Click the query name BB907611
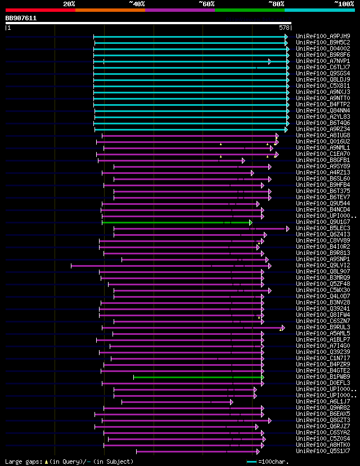pyautogui.click(x=21, y=18)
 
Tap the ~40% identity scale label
pyautogui.click(x=137, y=4)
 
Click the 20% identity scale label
pyautogui.click(x=69, y=4)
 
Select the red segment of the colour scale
pyautogui.click(x=40, y=10)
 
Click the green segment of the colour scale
pyautogui.click(x=249, y=10)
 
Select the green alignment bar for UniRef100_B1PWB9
pyautogui.click(x=197, y=377)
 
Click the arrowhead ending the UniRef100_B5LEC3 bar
pyautogui.click(x=287, y=228)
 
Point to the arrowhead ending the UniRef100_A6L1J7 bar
pyautogui.click(x=231, y=402)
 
